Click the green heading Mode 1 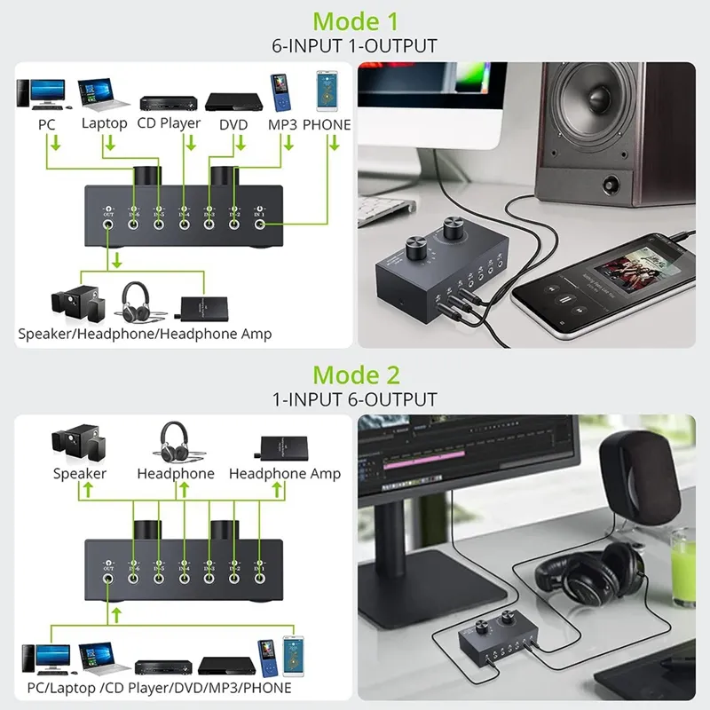(355, 20)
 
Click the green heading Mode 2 (355, 375)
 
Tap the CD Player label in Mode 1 (169, 124)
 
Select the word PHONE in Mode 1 (327, 125)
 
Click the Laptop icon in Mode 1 (99, 93)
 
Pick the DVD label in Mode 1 (233, 125)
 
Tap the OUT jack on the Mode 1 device (109, 225)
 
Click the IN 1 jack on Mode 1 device (260, 225)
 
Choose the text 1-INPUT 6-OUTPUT (355, 399)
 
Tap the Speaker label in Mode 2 (80, 474)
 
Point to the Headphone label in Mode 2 (176, 474)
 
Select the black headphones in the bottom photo (586, 572)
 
